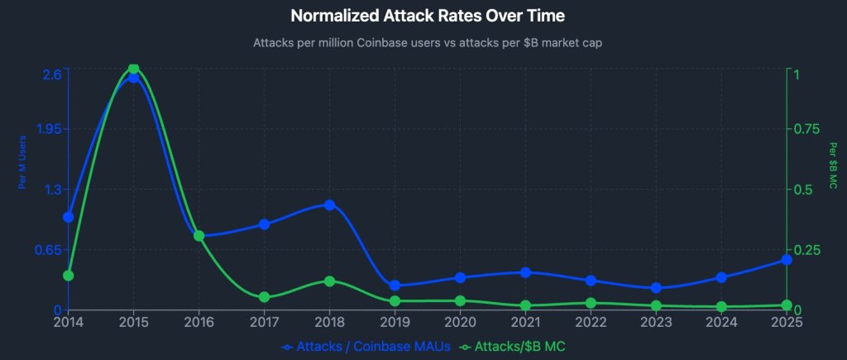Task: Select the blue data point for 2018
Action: click(329, 204)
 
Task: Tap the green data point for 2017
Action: click(264, 297)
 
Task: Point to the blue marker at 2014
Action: click(69, 217)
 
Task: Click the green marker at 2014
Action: click(69, 276)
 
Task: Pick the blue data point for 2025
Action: click(787, 260)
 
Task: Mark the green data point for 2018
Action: click(329, 281)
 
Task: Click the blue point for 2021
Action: click(525, 272)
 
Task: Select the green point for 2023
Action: click(656, 306)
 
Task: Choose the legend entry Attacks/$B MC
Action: click(519, 347)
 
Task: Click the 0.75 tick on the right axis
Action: click(808, 129)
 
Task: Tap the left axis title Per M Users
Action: click(23, 161)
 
